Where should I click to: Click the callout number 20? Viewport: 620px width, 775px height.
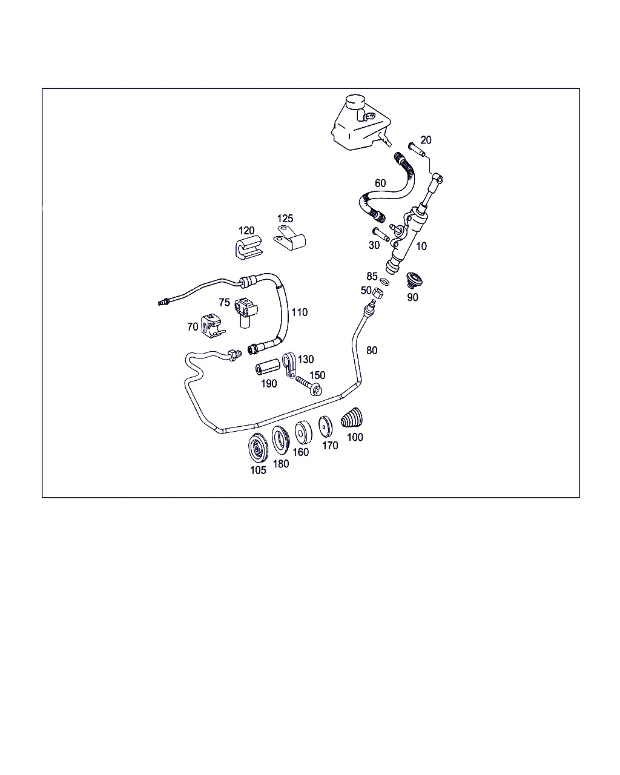pos(426,140)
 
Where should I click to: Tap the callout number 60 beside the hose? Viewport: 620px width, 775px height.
pos(380,183)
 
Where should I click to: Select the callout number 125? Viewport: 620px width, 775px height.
pos(285,219)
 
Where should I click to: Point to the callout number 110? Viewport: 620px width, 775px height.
pos(299,312)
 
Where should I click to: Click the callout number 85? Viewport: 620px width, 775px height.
pos(372,276)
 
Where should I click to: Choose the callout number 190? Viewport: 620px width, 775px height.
pos(269,383)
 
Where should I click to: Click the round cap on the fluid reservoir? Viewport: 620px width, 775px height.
pos(355,102)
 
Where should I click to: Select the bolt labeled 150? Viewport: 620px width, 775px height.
pos(309,384)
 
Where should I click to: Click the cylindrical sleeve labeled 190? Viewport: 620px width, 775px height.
pos(268,366)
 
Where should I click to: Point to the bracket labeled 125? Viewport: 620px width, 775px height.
pos(289,238)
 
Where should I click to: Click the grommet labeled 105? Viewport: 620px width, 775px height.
pos(258,447)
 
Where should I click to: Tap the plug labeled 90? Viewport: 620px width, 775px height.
pos(414,280)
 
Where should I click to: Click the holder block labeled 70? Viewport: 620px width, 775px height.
pos(213,326)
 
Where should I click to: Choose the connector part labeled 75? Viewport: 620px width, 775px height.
pos(246,312)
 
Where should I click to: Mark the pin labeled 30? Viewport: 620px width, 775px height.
pos(381,234)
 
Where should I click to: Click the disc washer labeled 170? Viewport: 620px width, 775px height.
pos(325,427)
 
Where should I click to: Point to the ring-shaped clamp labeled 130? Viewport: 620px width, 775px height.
pos(289,365)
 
